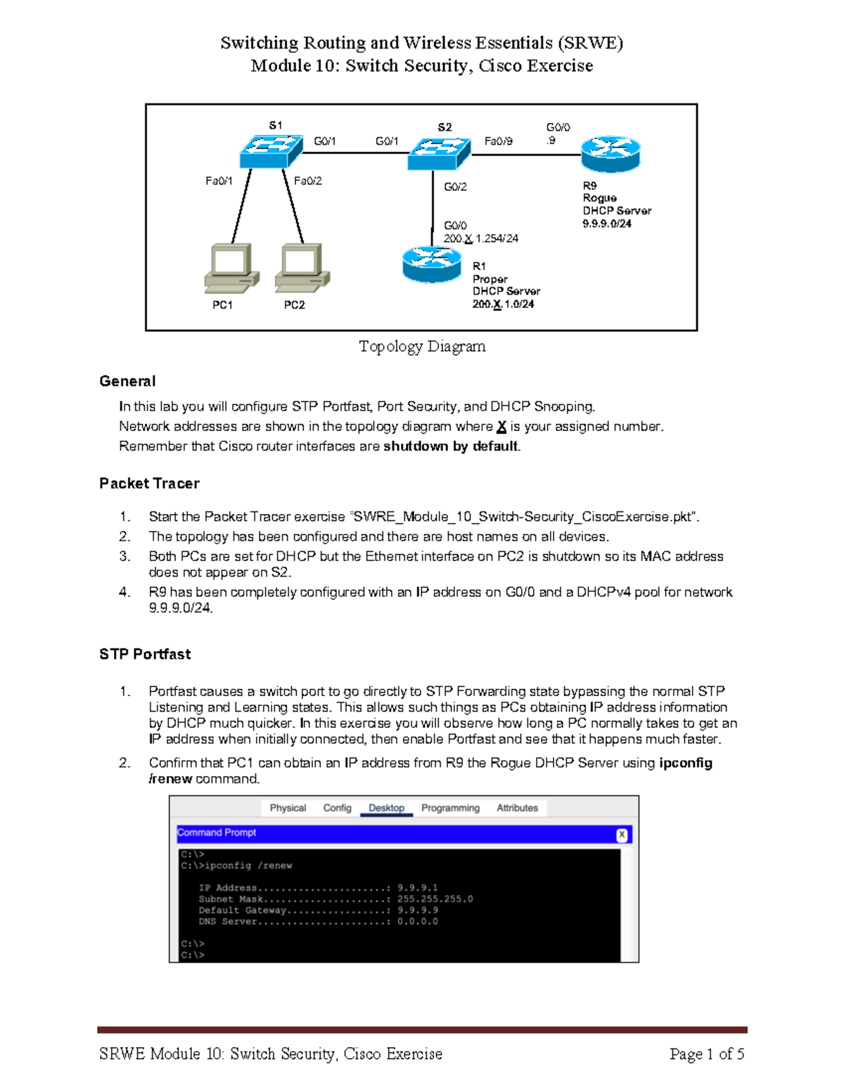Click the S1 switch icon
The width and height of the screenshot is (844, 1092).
271,150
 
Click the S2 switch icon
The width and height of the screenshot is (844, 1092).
439,153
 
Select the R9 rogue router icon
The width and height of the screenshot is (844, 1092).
610,154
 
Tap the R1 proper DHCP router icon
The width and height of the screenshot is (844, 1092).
432,264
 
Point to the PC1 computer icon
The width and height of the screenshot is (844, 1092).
231,268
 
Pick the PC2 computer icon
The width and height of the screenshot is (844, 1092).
302,268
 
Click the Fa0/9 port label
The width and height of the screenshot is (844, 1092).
498,141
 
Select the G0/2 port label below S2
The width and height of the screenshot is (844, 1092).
455,187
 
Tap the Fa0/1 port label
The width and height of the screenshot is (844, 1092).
219,181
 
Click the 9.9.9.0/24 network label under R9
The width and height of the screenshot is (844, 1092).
606,224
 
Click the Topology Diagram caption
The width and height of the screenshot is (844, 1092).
422,346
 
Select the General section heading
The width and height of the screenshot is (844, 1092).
127,381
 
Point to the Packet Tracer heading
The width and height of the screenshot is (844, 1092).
149,483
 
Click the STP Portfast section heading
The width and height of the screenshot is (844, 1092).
145,654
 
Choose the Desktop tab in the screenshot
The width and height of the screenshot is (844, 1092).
386,808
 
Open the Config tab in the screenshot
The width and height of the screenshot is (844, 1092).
337,808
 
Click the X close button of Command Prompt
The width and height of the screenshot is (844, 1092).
622,835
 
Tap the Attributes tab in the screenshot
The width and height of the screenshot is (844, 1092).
517,808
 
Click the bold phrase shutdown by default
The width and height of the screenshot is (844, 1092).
450,447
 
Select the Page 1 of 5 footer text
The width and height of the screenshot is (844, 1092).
706,1053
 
